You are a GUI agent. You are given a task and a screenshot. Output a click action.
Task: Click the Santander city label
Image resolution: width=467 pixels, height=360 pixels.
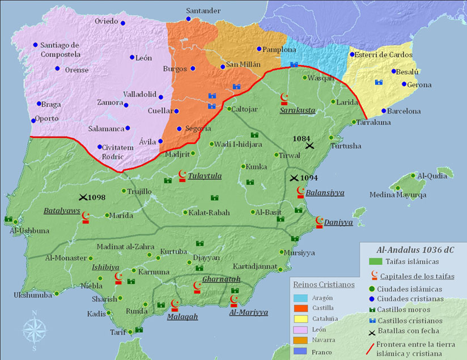[204, 11]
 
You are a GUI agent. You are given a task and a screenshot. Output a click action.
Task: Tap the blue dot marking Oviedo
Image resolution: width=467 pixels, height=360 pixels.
[123, 23]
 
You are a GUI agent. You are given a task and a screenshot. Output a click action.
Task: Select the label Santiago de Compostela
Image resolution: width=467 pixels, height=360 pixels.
[60, 50]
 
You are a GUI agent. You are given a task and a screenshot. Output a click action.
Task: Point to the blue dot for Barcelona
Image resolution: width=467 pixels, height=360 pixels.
[384, 111]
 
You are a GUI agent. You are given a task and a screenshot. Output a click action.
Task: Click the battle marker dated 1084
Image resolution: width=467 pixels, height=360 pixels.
[309, 146]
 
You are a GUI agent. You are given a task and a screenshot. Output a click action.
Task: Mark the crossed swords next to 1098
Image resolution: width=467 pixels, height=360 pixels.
[83, 197]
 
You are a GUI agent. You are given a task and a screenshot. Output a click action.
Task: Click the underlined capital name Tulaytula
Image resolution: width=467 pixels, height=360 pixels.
[205, 176]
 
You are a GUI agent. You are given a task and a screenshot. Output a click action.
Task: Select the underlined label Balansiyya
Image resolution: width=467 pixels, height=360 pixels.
[325, 193]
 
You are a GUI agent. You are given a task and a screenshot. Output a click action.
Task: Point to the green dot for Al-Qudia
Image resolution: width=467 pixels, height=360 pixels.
[413, 176]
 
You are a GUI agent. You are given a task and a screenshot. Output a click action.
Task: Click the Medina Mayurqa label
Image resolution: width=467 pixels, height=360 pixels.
[398, 195]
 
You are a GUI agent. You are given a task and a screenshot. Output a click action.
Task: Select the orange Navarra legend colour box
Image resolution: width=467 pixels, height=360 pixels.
[300, 340]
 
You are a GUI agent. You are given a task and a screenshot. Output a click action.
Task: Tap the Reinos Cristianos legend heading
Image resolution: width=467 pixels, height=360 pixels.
[323, 283]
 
